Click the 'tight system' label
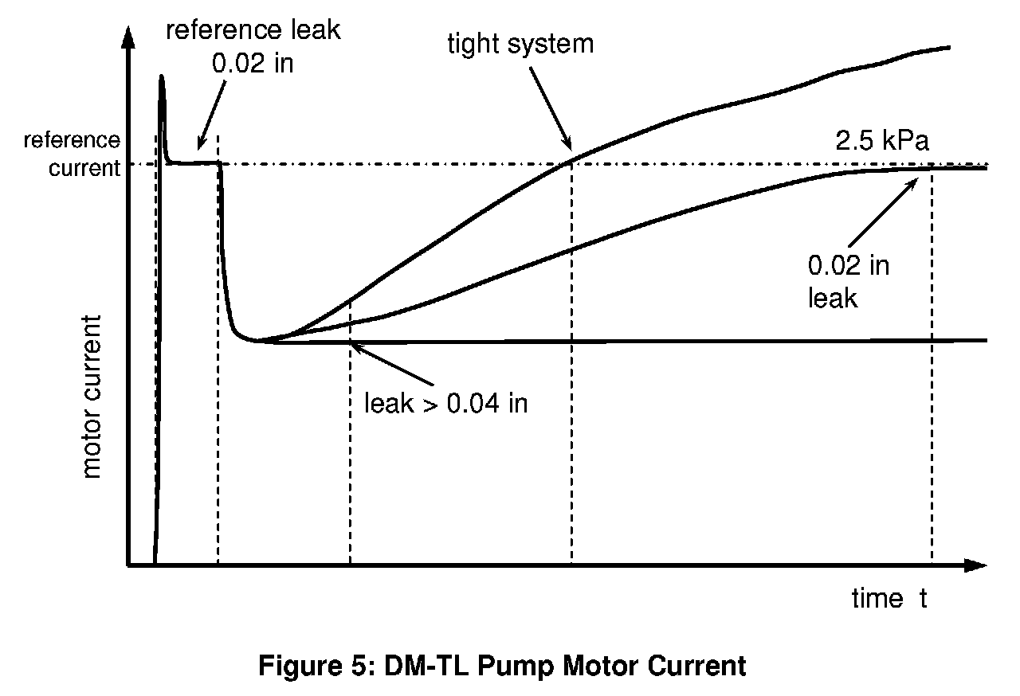click(520, 43)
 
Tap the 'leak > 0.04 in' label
click(445, 403)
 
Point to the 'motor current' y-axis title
click(92, 397)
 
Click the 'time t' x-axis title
click(889, 598)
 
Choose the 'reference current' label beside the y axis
click(72, 154)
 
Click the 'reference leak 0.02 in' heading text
click(253, 47)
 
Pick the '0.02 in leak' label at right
click(848, 281)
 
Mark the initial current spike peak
click(162, 77)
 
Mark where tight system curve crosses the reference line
click(571, 163)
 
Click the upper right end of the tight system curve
click(948, 47)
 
